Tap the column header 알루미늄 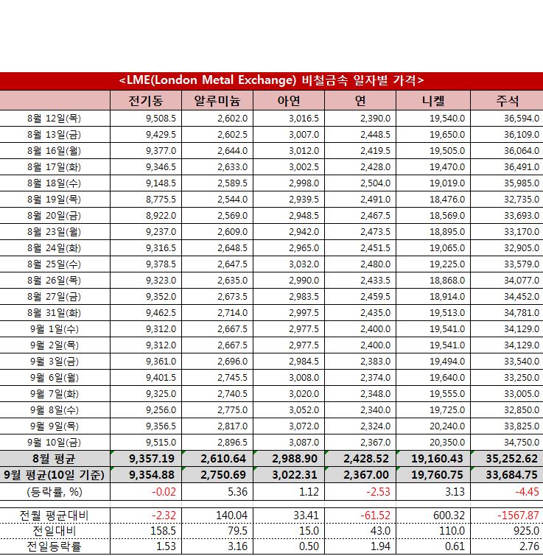point(219,100)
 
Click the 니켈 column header point(432,100)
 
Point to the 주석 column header point(506,100)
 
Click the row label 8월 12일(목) point(55,119)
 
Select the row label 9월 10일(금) point(55,442)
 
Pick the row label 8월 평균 point(55,459)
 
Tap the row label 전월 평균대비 point(55,515)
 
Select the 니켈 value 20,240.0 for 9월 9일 point(446,426)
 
